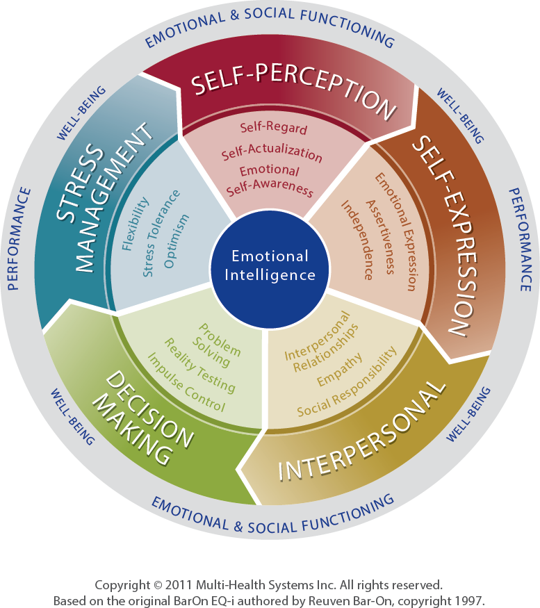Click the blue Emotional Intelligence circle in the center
click(270, 269)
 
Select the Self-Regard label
click(274, 128)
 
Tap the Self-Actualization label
click(272, 152)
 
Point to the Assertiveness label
click(381, 238)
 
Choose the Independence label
click(357, 240)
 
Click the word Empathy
click(339, 370)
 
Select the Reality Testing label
click(200, 365)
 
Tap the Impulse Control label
click(186, 382)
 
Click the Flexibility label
click(135, 224)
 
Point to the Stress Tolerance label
click(161, 233)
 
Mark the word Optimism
click(177, 241)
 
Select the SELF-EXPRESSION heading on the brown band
click(445, 236)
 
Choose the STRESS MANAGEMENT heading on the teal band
click(102, 199)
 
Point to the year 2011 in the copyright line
click(178, 585)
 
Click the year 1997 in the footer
click(470, 600)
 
